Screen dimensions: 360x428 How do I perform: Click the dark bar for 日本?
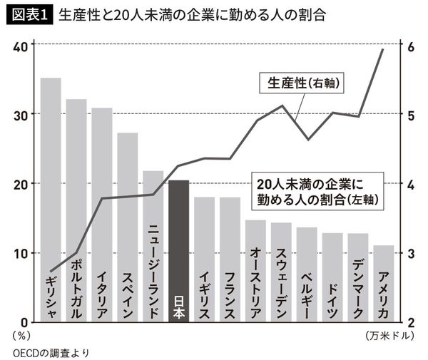click(178, 250)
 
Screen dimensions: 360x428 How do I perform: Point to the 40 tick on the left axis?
click(21, 46)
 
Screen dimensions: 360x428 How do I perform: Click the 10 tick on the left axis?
click(21, 253)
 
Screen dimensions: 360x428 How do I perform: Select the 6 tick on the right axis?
click(410, 46)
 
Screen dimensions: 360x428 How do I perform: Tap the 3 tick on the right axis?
click(410, 253)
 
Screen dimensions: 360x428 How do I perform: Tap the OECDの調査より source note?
click(50, 351)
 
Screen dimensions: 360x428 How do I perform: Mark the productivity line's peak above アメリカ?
click(383, 49)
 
